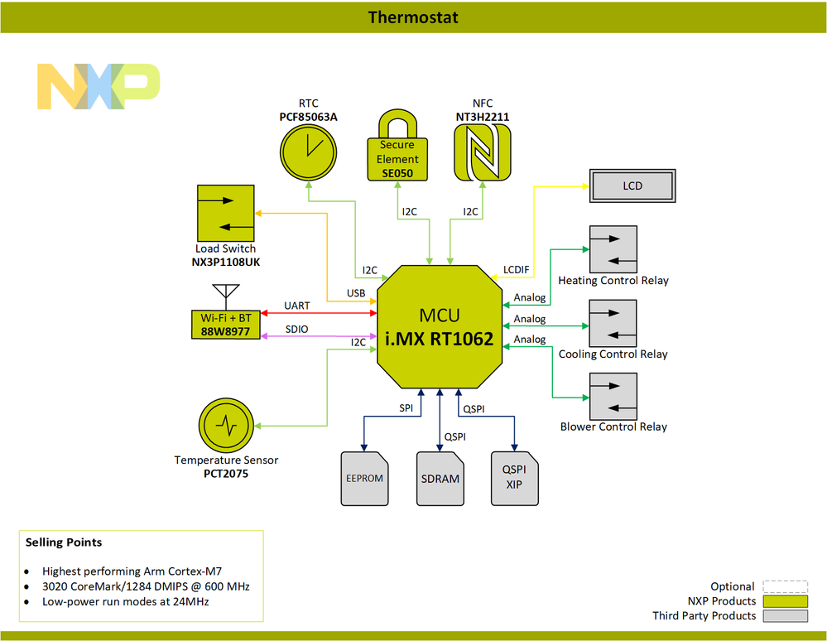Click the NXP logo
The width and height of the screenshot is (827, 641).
pyautogui.click(x=98, y=86)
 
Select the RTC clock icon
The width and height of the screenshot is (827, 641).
pyautogui.click(x=308, y=154)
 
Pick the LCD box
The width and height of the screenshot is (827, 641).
pyautogui.click(x=632, y=186)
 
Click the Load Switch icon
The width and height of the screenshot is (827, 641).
pyautogui.click(x=225, y=213)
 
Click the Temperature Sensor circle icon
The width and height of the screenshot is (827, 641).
pyautogui.click(x=226, y=426)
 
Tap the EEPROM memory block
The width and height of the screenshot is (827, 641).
pyautogui.click(x=363, y=479)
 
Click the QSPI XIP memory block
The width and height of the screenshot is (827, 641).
pyautogui.click(x=514, y=479)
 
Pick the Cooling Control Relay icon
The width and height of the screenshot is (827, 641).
pyautogui.click(x=613, y=323)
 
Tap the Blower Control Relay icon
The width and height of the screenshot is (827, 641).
pyautogui.click(x=613, y=396)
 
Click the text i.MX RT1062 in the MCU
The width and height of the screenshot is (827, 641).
pyautogui.click(x=439, y=339)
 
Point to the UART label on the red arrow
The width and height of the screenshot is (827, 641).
pyautogui.click(x=296, y=306)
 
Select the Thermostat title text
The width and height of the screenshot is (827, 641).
pyautogui.click(x=413, y=17)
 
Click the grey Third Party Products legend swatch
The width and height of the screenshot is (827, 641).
pyautogui.click(x=785, y=616)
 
